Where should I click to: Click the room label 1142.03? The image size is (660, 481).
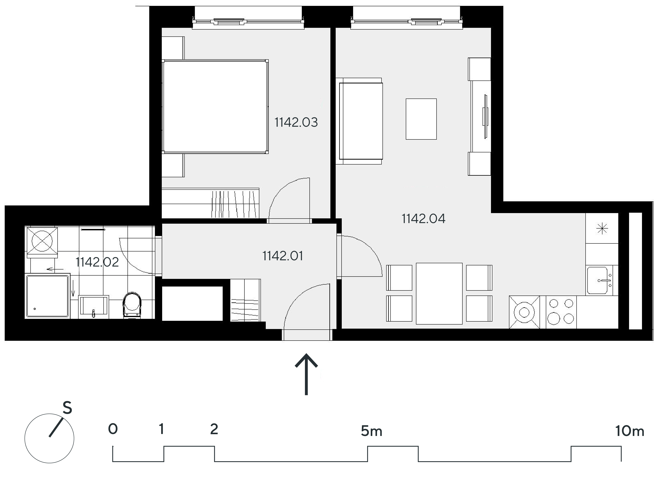coord(296,122)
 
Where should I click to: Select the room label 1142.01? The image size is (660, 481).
coord(282,256)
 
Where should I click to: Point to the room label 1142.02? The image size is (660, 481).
coord(97,262)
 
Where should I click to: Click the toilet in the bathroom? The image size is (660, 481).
coord(132,305)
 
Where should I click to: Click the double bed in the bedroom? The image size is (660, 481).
coord(215,107)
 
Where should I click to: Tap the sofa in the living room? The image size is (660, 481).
coord(359,121)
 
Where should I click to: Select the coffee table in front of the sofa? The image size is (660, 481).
coord(421,119)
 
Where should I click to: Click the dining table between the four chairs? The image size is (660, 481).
coord(439,294)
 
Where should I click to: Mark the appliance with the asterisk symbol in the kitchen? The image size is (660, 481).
coord(602,229)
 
